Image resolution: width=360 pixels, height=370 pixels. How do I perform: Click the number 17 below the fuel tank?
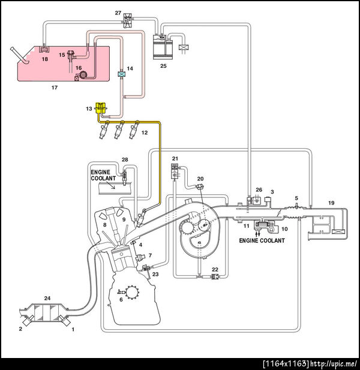[x=54, y=88]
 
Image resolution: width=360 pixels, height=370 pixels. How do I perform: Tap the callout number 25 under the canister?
[x=163, y=66]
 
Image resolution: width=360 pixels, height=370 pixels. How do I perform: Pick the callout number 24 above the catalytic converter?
[x=47, y=298]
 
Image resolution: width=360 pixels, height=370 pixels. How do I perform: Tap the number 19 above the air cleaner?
[x=331, y=203]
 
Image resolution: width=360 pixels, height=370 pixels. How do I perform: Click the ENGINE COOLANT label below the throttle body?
[x=262, y=240]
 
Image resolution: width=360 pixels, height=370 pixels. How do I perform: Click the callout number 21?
[x=175, y=158]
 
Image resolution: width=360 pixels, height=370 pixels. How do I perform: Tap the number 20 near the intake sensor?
[x=200, y=179]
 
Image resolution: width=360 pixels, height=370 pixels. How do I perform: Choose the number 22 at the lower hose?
[x=215, y=269]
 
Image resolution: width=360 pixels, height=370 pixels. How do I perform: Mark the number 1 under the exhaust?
[x=73, y=329]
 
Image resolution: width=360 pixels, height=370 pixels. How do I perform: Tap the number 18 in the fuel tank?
[x=44, y=59]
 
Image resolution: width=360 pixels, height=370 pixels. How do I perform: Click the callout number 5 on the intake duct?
[x=296, y=198]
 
